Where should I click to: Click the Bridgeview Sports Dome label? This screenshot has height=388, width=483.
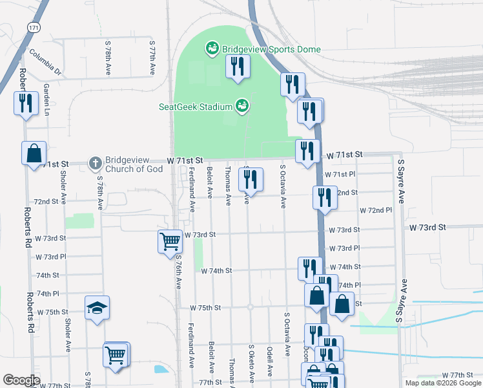tap(271, 49)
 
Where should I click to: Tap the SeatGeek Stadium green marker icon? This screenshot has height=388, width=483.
tap(242, 105)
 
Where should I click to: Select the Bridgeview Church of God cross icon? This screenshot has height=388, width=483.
tap(95, 164)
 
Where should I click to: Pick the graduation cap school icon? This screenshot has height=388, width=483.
tap(97, 308)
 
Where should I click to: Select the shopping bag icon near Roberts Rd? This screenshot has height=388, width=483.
tap(34, 153)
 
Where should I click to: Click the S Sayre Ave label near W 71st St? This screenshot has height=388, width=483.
tap(400, 182)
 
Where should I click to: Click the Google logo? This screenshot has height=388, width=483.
tap(21, 380)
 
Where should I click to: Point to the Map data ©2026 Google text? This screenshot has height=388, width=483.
tap(442, 383)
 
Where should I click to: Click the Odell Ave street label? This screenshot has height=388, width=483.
tap(270, 361)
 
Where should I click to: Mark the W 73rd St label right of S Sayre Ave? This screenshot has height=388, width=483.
tap(427, 228)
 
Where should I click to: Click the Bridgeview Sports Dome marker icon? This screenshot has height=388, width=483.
tap(211, 48)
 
